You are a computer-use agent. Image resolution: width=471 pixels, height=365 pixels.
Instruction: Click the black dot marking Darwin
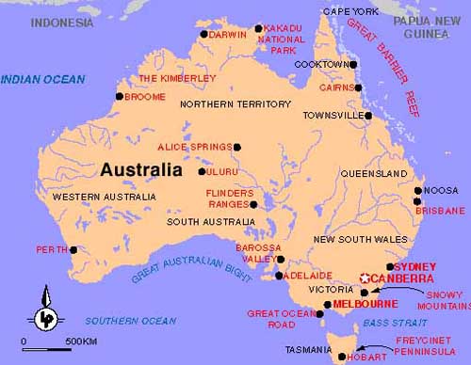[203, 35]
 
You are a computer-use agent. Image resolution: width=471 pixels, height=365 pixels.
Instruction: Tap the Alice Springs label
[194, 147]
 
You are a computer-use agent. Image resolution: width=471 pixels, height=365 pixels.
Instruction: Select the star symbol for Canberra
[365, 278]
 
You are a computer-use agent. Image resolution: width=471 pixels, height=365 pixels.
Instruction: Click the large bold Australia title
[140, 170]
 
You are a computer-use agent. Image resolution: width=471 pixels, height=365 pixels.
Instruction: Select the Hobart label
[365, 357]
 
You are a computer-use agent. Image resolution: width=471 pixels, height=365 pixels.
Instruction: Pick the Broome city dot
[120, 96]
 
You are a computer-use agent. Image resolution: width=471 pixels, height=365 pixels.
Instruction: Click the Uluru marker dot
[202, 171]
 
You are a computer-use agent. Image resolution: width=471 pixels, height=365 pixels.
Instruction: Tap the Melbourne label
[362, 305]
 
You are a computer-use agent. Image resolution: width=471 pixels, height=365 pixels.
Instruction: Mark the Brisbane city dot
[417, 200]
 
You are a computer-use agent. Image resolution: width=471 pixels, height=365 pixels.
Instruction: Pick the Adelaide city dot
[280, 276]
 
